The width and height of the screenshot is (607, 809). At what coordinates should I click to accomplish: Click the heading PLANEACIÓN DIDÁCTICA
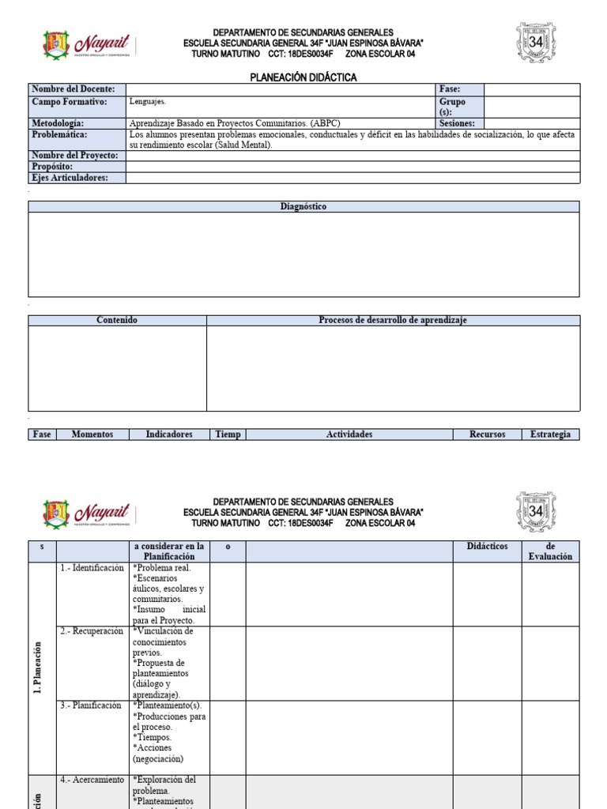[303, 77]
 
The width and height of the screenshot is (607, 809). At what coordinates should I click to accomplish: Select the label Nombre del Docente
[74, 89]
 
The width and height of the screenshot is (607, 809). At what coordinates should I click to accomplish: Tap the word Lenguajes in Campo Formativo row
[148, 102]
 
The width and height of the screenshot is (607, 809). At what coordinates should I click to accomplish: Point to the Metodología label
[58, 124]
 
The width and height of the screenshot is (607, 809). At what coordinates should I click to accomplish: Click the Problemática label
[59, 135]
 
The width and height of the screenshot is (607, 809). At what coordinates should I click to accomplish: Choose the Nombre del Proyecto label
[75, 156]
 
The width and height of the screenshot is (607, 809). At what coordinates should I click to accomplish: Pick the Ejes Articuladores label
[69, 178]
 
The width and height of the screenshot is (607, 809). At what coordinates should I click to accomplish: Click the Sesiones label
[458, 124]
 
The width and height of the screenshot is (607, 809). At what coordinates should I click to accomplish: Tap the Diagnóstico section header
[303, 206]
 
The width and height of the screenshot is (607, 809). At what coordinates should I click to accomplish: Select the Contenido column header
[117, 320]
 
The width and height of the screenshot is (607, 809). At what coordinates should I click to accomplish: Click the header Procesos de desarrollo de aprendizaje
[393, 320]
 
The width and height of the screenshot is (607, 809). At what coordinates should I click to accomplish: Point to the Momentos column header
[92, 435]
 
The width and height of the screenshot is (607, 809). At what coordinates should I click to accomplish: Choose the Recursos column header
[487, 435]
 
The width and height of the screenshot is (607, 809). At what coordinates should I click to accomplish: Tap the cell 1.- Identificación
[92, 568]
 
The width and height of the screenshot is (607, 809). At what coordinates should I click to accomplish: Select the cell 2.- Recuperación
[92, 631]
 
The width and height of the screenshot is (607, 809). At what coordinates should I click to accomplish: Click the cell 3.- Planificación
[91, 706]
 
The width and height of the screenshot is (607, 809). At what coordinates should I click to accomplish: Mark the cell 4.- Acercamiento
[92, 780]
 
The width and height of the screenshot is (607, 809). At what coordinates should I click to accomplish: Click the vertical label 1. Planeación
[38, 668]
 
